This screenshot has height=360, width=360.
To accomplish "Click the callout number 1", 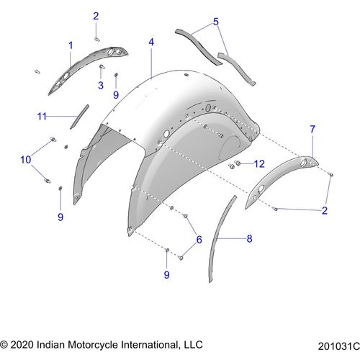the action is (71, 45).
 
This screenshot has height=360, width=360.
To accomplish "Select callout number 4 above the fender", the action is (151, 42).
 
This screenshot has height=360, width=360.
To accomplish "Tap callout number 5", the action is (216, 22).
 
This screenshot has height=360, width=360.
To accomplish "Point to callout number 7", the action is (312, 129).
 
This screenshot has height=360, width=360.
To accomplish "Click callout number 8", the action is (249, 238).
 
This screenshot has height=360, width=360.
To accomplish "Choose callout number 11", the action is (42, 117).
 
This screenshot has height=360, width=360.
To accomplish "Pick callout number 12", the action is (259, 164).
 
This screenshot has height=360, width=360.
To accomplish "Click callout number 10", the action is (26, 160).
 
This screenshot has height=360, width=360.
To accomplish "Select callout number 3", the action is (101, 86).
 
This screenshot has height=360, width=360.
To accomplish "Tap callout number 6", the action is (199, 240).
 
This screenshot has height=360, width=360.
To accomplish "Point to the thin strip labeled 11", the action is (79, 117).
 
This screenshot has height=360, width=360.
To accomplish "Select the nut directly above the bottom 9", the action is (167, 251).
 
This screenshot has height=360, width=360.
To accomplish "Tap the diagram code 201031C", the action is (339, 346).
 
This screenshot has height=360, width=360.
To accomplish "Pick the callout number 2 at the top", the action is (96, 16).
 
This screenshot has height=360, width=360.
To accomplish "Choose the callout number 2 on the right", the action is (325, 210).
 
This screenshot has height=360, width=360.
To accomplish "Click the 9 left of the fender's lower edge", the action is (60, 217).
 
